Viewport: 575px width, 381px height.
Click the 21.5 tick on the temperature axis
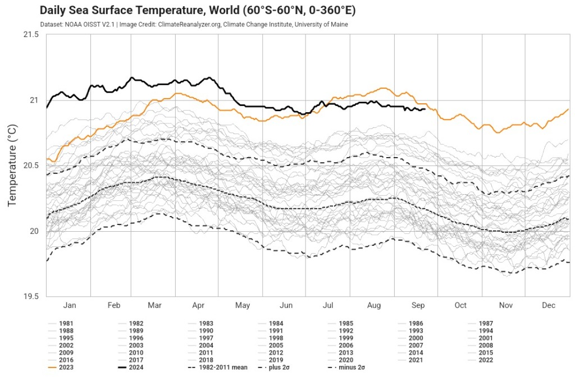pyautogui.click(x=31, y=35)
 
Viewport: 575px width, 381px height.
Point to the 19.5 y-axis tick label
pyautogui.click(x=31, y=296)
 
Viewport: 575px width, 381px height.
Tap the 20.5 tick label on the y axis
pyautogui.click(x=31, y=166)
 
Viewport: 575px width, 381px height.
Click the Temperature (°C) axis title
pyautogui.click(x=13, y=166)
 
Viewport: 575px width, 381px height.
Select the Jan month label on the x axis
pyautogui.click(x=69, y=305)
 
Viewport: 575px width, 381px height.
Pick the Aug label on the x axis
pyautogui.click(x=373, y=305)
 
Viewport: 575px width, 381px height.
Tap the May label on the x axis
pyautogui.click(x=243, y=305)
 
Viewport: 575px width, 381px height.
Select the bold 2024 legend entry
pyautogui.click(x=136, y=368)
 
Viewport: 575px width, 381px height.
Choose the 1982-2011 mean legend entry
pyautogui.click(x=223, y=368)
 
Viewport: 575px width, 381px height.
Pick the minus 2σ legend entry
pyautogui.click(x=353, y=368)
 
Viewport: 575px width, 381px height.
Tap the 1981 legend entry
pyautogui.click(x=66, y=324)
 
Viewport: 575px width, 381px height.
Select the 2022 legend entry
pyautogui.click(x=486, y=360)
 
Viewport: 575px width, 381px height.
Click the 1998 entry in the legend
pyautogui.click(x=276, y=338)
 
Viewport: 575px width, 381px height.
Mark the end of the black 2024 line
pyautogui.click(x=425, y=109)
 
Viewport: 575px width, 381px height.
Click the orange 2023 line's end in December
pyautogui.click(x=568, y=109)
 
